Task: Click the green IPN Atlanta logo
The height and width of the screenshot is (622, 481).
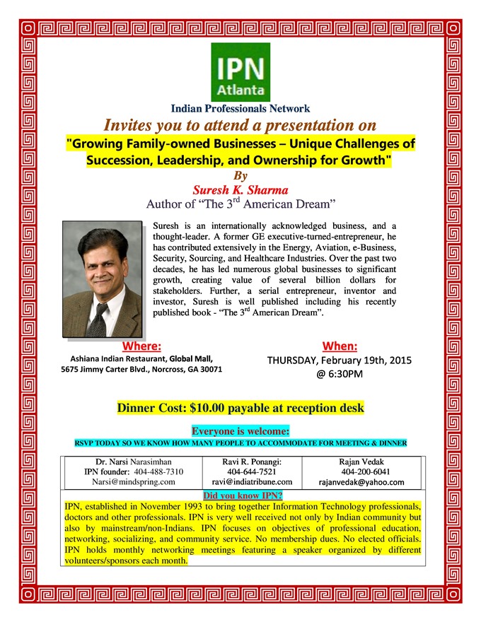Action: pos(240,72)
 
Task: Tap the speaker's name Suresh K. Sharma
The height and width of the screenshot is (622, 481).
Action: pos(240,189)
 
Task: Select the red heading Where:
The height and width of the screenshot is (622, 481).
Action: pos(141,346)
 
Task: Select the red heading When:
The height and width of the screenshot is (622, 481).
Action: pos(340,346)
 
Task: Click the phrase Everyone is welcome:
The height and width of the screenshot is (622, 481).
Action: pos(240,430)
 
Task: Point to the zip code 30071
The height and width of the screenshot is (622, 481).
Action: pos(208,369)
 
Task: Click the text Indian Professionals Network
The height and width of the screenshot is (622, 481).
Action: pos(240,109)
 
